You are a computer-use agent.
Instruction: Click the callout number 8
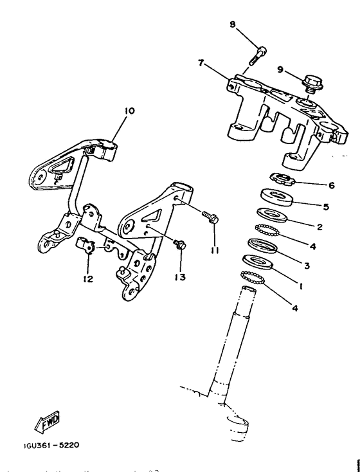click(233, 24)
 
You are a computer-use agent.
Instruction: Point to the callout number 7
click(201, 63)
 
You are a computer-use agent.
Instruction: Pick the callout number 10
click(130, 111)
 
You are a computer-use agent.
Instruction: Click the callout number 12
click(87, 278)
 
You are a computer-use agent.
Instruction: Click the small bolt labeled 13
click(181, 244)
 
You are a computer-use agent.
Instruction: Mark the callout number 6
click(332, 185)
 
